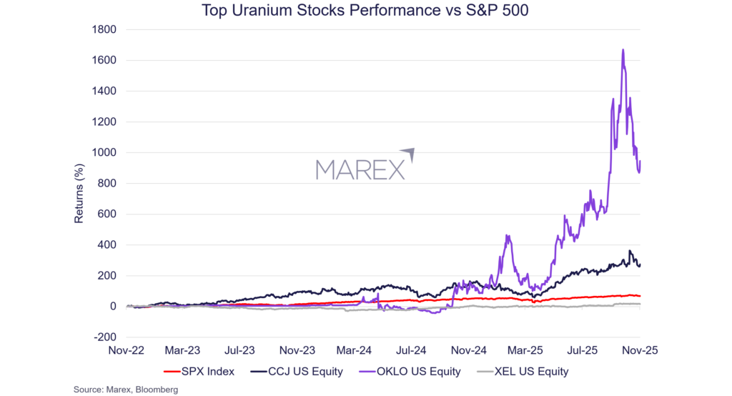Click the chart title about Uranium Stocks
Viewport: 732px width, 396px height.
tap(365, 11)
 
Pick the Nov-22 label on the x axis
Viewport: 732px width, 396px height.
tap(126, 351)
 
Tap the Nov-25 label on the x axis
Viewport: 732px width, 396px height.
tap(639, 351)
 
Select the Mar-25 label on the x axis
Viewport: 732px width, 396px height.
tap(525, 351)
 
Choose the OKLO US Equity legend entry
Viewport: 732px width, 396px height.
tap(415, 372)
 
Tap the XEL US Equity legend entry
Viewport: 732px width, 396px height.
tap(526, 372)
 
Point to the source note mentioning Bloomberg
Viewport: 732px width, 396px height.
tap(125, 390)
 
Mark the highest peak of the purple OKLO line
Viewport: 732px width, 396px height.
tap(623, 50)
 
